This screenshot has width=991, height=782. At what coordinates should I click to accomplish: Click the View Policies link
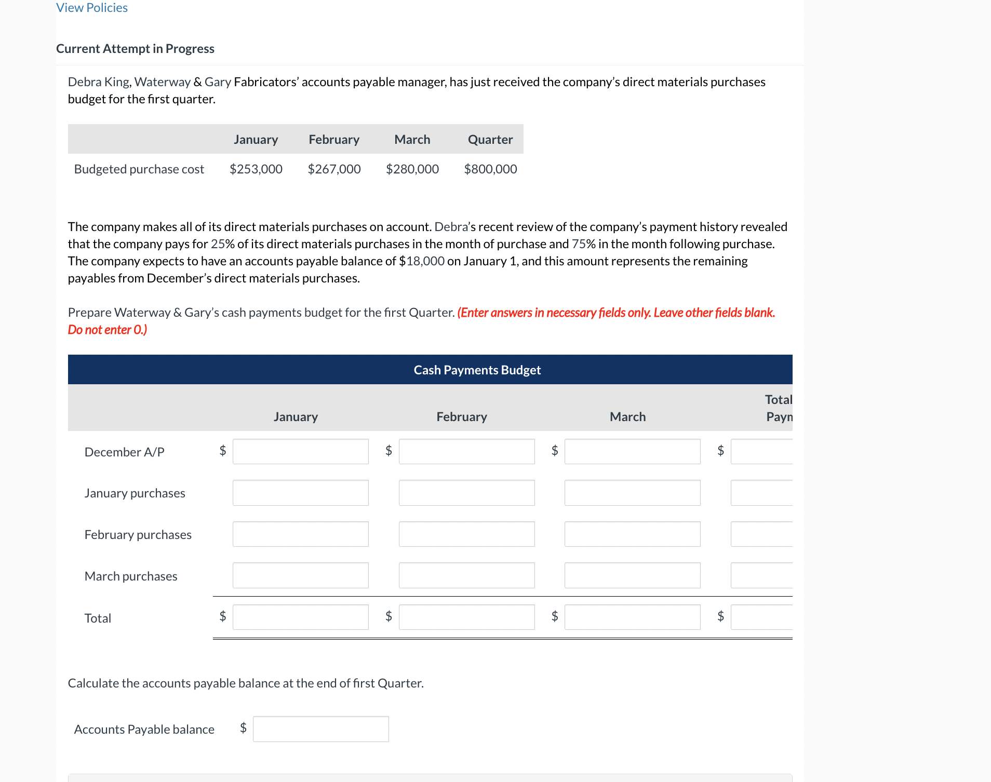tap(92, 8)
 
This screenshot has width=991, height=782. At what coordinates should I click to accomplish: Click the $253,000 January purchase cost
tap(256, 169)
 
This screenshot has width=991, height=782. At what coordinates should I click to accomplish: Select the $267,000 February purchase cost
tap(334, 169)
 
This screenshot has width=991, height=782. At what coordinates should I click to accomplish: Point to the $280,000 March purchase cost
tap(412, 169)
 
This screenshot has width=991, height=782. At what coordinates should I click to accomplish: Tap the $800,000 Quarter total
tap(490, 169)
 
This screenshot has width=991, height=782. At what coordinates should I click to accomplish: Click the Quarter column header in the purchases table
tap(490, 140)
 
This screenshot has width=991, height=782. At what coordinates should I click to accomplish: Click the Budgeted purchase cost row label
tap(139, 169)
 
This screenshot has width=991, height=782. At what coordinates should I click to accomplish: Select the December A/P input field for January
tap(300, 451)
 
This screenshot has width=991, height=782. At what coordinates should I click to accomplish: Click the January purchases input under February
tap(466, 493)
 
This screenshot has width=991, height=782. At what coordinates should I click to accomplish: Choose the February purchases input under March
tap(632, 534)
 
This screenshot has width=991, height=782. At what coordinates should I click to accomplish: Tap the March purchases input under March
tap(632, 575)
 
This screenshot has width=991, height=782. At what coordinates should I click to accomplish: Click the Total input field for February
tap(466, 617)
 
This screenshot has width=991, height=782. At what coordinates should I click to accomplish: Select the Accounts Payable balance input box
tap(320, 729)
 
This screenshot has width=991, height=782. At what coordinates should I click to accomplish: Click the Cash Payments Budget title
tap(477, 370)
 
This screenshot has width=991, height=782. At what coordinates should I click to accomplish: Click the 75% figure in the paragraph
tap(583, 244)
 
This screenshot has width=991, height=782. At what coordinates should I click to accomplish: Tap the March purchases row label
tap(131, 576)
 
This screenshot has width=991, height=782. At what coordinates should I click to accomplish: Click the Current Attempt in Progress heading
tap(135, 49)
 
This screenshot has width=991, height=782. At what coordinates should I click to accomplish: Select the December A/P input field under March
tap(632, 451)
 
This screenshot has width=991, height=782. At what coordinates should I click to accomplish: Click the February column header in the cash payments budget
tap(462, 417)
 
